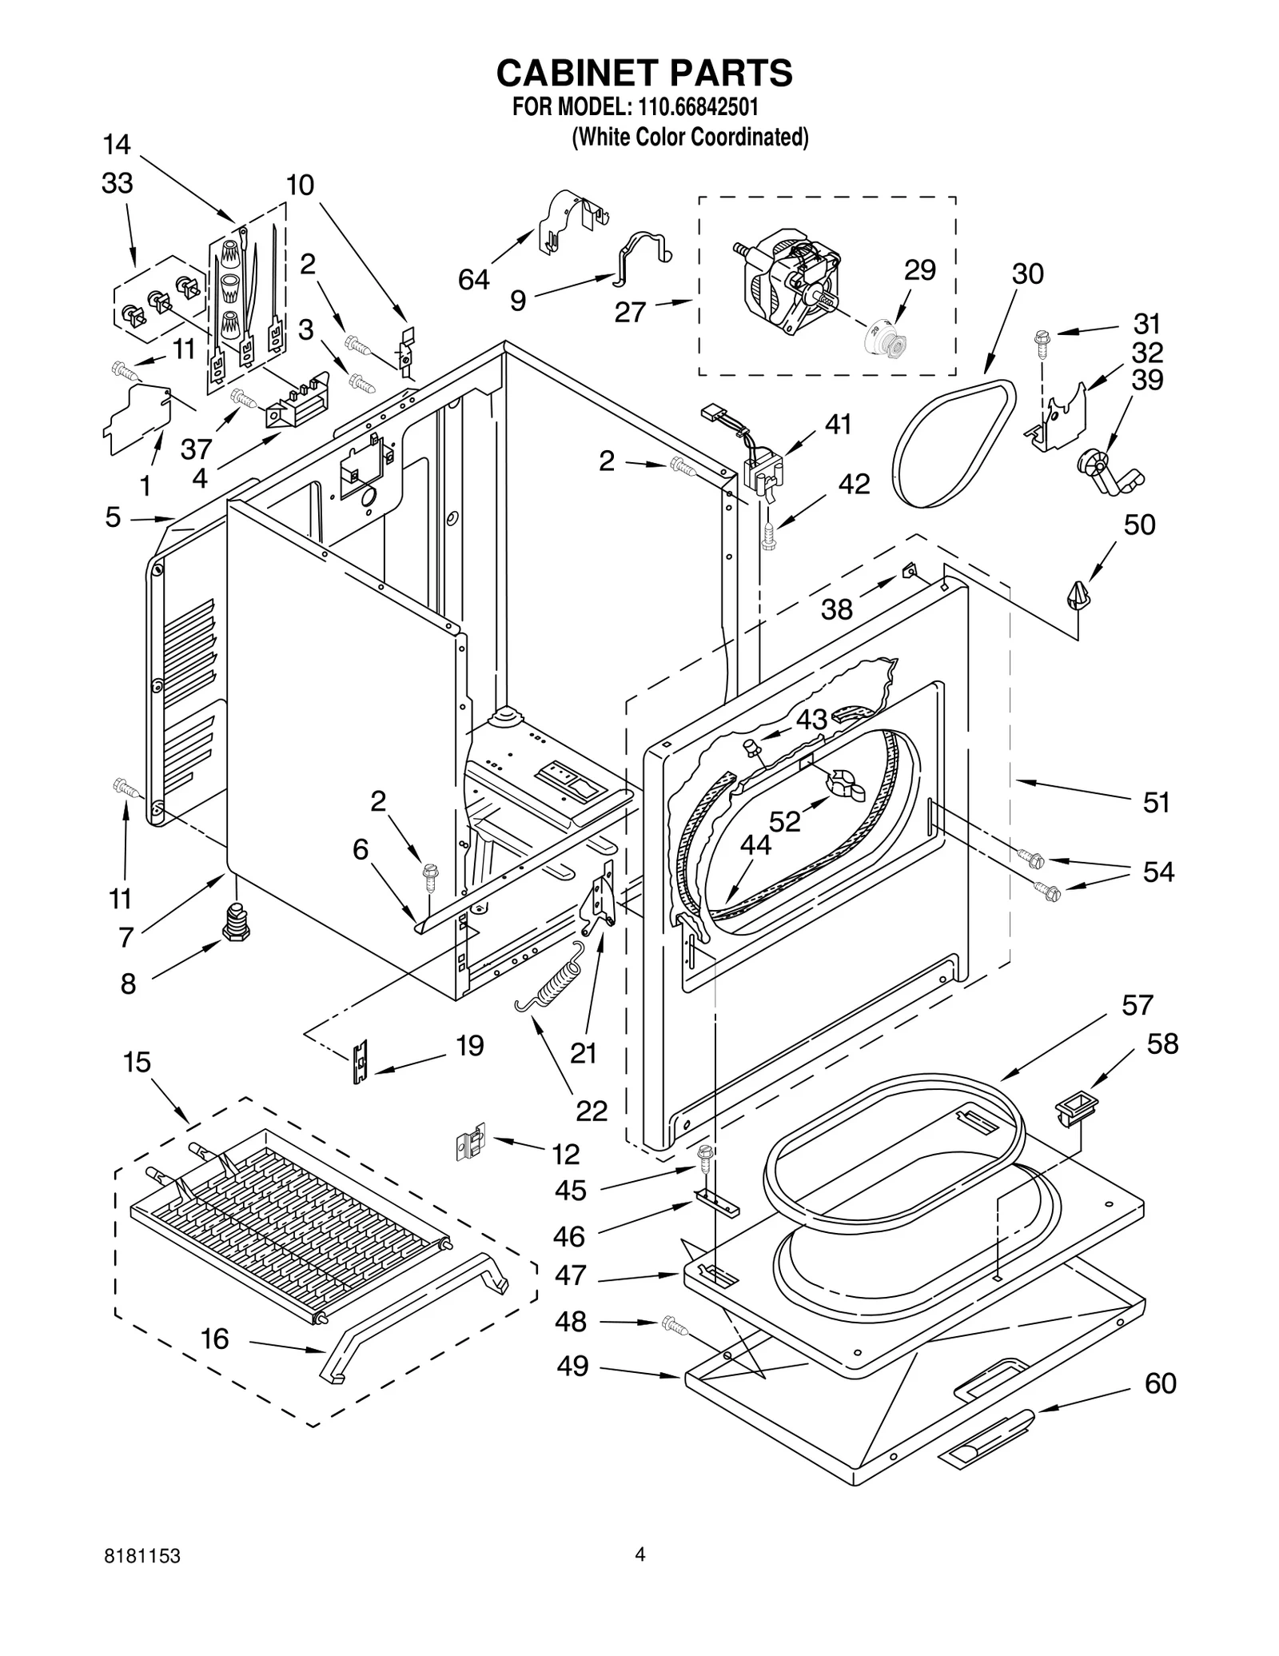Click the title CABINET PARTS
(643, 73)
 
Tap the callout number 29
(919, 270)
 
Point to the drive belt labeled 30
(951, 444)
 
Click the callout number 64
(473, 280)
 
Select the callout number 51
(1156, 802)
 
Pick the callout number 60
(1160, 1383)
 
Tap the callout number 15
(137, 1062)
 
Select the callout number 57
(1137, 1005)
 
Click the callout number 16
(214, 1339)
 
